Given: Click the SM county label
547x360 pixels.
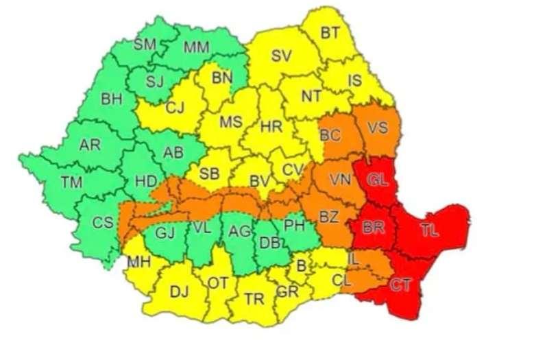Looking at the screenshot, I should [145, 45].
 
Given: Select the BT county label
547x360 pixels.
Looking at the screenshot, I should [330, 32].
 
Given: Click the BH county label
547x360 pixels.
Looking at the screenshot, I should [111, 99].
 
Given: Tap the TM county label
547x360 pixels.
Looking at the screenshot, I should [71, 182].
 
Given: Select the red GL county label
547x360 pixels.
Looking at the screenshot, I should [378, 180].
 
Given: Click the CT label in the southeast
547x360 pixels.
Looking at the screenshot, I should [400, 285].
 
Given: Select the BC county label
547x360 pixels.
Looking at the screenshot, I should [330, 135].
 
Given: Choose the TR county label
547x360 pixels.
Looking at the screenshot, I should [254, 299].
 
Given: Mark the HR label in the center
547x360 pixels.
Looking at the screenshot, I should [271, 125].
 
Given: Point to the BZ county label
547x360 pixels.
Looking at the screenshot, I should [330, 218].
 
